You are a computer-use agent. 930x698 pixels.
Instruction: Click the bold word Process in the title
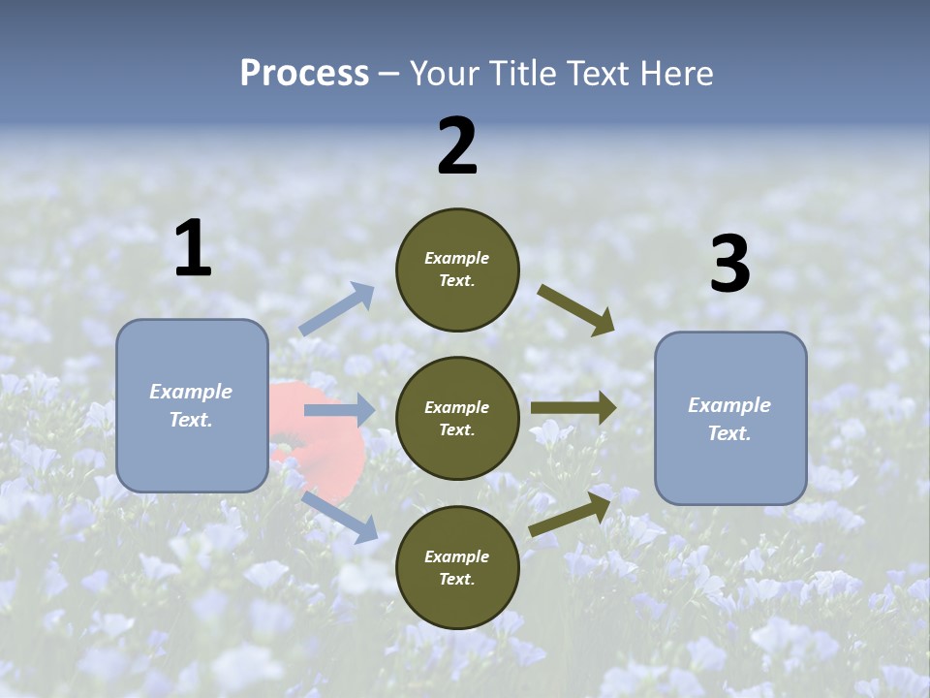point(304,74)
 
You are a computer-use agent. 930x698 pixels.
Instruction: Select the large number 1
point(193,250)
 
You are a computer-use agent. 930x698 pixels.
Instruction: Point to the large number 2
point(457,146)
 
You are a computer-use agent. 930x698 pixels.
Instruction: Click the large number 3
point(729,265)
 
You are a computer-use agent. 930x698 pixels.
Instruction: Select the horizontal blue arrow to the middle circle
point(339,411)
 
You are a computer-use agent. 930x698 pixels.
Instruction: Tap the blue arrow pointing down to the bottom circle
point(340,517)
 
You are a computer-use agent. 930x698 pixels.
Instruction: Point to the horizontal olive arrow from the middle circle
point(573,408)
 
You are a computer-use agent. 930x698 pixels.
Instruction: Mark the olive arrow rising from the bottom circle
point(571,515)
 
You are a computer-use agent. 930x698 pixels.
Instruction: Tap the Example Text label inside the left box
point(191,405)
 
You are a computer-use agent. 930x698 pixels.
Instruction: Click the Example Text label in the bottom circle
point(457,567)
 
